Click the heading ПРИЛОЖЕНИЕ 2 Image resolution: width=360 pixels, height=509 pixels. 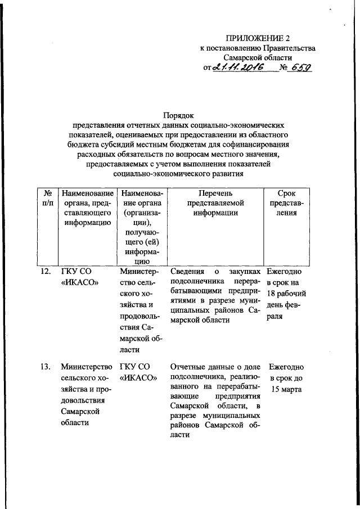point(256,38)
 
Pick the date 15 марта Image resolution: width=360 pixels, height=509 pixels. point(286,390)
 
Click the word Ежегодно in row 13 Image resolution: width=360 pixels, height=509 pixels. point(286,367)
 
